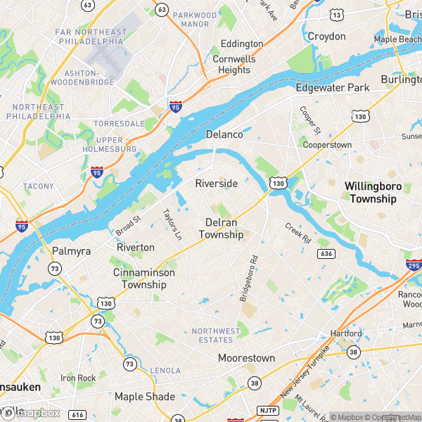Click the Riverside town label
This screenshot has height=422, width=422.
click(x=216, y=183)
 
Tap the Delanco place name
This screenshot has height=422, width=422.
click(x=224, y=134)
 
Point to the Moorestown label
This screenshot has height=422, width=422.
click(x=246, y=358)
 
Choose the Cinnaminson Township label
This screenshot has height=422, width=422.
click(x=143, y=279)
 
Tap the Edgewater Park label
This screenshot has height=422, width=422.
click(x=332, y=88)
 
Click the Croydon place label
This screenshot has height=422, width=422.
click(x=326, y=36)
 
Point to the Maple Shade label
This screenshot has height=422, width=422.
click(x=144, y=397)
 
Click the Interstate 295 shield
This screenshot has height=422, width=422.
click(x=413, y=265)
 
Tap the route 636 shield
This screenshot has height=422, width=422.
click(x=325, y=253)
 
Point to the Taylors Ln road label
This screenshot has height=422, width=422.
click(x=171, y=223)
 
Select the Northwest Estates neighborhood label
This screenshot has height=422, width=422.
click(x=216, y=335)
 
